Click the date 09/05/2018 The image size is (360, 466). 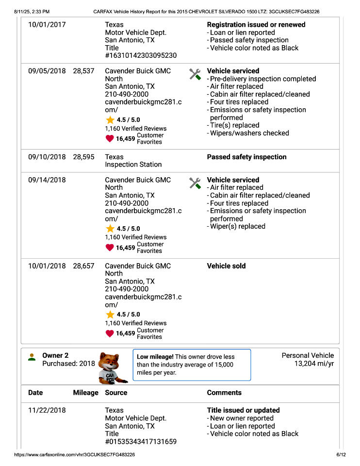point(47,71)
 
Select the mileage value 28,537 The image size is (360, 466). point(83,71)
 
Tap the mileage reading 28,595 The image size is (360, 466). point(83,157)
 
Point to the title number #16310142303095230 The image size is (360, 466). point(141,56)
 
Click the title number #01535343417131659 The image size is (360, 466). point(141,442)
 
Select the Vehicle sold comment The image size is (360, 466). point(226,266)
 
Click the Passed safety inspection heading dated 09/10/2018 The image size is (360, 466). point(246,157)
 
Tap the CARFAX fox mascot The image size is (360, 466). point(113,367)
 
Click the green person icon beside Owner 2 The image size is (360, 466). point(32,357)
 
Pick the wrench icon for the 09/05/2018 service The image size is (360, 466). point(195,74)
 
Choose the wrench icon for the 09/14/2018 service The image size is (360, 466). point(195,183)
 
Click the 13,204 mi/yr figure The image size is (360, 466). point(314,364)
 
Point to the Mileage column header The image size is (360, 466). point(85,393)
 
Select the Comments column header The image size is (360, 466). point(224,393)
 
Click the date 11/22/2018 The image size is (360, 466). point(47,410)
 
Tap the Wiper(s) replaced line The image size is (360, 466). point(237,226)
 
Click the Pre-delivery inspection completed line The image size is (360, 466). point(262,79)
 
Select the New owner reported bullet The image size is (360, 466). point(242,418)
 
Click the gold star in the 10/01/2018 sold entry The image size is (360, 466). point(110,315)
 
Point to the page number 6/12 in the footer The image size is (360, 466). point(341,455)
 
